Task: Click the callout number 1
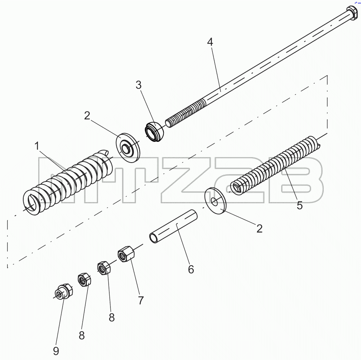click(x=37, y=146)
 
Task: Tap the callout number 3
click(x=138, y=85)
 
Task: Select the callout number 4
click(x=210, y=42)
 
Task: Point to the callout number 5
click(x=299, y=206)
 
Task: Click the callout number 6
click(x=191, y=269)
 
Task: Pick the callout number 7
click(x=141, y=300)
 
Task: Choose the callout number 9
click(x=56, y=351)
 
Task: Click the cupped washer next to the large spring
click(x=128, y=148)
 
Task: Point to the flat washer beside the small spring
click(x=215, y=201)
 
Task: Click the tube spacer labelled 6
click(x=173, y=226)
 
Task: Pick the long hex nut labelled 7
click(x=126, y=254)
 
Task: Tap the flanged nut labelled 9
click(x=63, y=292)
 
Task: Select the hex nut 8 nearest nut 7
click(x=104, y=268)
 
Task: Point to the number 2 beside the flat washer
click(x=259, y=229)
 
